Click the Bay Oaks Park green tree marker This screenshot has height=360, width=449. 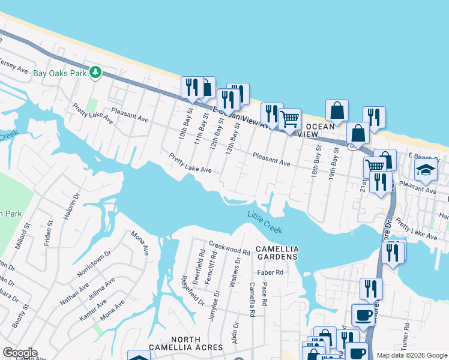pos(95,73)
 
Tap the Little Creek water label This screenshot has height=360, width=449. pos(265,222)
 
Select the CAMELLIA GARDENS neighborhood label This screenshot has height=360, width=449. pos(277,253)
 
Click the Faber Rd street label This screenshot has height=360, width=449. pos(270,272)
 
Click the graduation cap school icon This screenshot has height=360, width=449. pos(426,170)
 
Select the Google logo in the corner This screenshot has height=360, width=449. pos(20,353)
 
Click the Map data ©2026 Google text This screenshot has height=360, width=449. pos(412,355)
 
